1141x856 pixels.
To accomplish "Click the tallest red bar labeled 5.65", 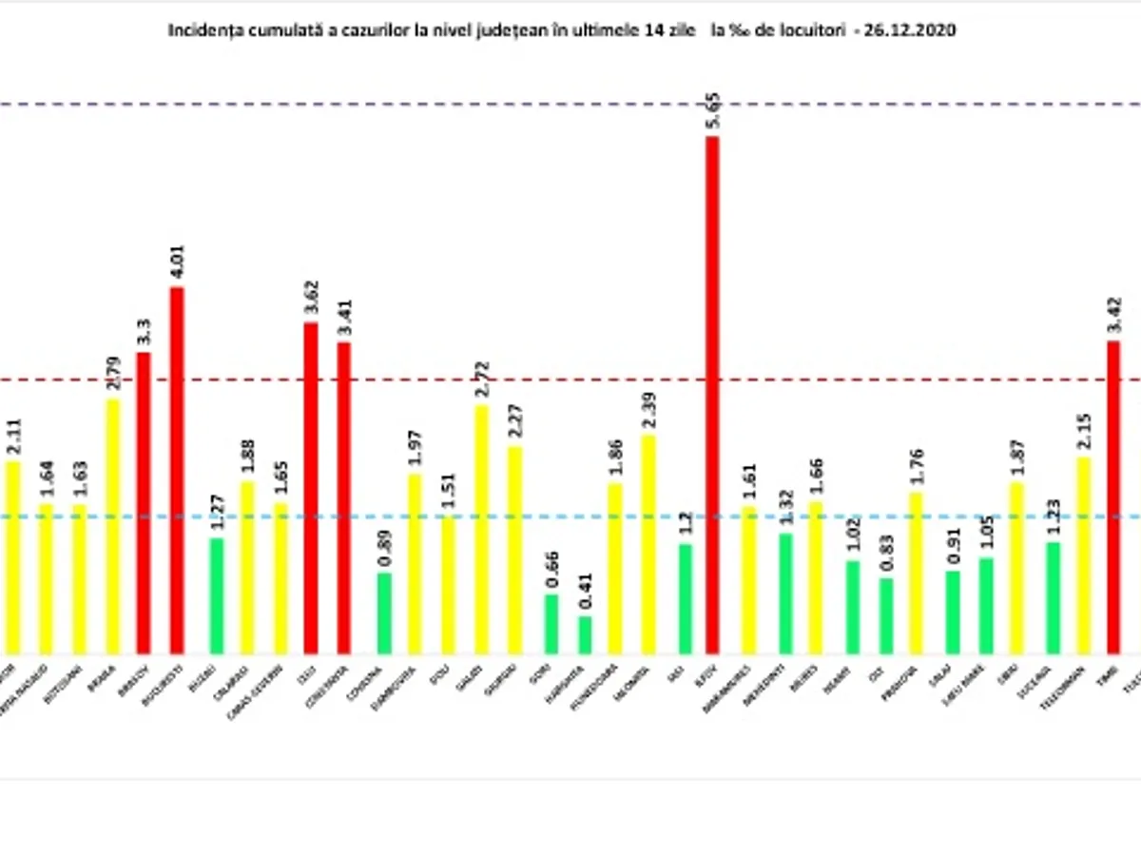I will pyautogui.click(x=712, y=395).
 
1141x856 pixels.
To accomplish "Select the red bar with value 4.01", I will pyautogui.click(x=177, y=470).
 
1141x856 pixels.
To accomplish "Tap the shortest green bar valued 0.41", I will pyautogui.click(x=585, y=634).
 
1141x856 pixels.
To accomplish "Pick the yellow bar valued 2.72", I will pyautogui.click(x=482, y=529).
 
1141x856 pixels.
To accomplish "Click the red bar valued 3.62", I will pyautogui.click(x=311, y=488).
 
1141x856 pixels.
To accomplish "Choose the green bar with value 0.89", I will pyautogui.click(x=384, y=613).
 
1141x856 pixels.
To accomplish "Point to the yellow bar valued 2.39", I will pyautogui.click(x=648, y=544).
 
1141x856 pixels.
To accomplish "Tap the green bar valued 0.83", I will pyautogui.click(x=886, y=615).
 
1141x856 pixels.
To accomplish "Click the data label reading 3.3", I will pyautogui.click(x=144, y=332).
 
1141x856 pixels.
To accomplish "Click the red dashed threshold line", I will pyautogui.click(x=570, y=379).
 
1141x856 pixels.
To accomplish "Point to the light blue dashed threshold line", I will pyautogui.click(x=570, y=516).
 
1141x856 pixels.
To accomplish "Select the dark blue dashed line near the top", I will pyautogui.click(x=570, y=103).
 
